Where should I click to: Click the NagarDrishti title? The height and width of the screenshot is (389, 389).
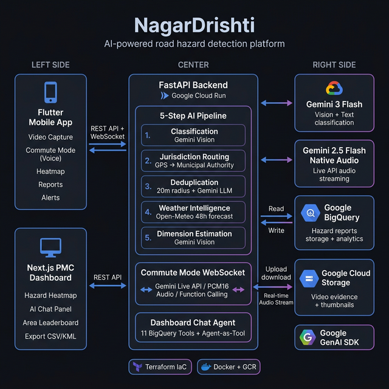pyautogui.click(x=194, y=26)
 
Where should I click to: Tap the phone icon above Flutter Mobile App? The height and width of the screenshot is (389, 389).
pyautogui.click(x=50, y=92)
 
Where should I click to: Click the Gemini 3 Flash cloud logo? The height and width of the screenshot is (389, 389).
pyautogui.click(x=334, y=89)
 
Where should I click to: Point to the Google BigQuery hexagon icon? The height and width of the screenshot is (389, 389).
pyautogui.click(x=310, y=213)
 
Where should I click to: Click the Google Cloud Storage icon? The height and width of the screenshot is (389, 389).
pyautogui.click(x=309, y=278)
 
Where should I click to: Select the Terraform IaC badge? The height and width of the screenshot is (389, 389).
pyautogui.click(x=160, y=367)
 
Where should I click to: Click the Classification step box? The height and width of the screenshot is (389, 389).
pyautogui.click(x=193, y=136)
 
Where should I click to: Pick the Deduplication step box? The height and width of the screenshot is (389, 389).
pyautogui.click(x=193, y=187)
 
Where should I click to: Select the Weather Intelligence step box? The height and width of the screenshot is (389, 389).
pyautogui.click(x=193, y=212)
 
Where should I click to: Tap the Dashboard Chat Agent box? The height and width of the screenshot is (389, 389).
pyautogui.click(x=193, y=328)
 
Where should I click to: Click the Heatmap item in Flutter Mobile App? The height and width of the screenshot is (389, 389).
pyautogui.click(x=50, y=171)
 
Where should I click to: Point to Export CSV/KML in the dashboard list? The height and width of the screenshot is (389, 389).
pyautogui.click(x=50, y=337)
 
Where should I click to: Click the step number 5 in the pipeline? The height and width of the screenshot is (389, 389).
pyautogui.click(x=148, y=238)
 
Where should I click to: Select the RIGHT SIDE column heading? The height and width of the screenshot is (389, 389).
pyautogui.click(x=334, y=64)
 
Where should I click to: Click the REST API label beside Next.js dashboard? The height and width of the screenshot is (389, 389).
pyautogui.click(x=107, y=277)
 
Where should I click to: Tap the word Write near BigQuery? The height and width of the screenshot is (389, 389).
pyautogui.click(x=276, y=230)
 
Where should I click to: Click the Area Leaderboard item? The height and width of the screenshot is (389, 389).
pyautogui.click(x=50, y=323)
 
